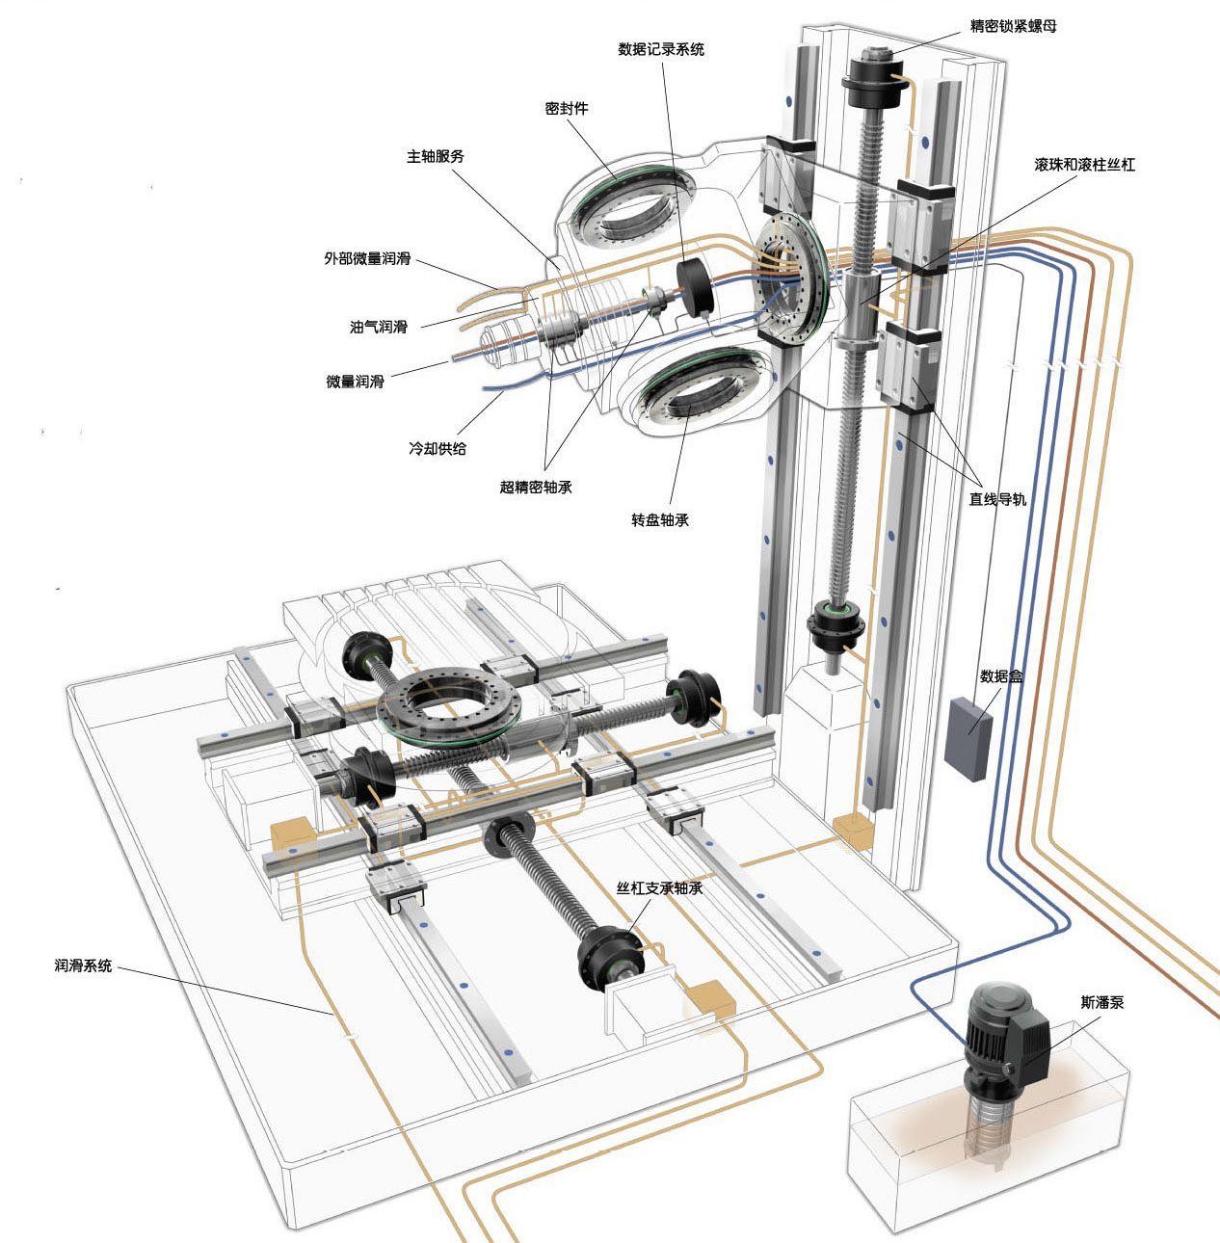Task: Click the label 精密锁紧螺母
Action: point(1013,26)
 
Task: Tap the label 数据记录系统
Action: point(661,49)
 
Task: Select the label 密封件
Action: point(567,109)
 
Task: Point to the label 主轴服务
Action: point(436,156)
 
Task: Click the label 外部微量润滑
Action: point(367,258)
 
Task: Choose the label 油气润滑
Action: point(379,328)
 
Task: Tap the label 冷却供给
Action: point(438,448)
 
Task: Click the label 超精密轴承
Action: point(536,487)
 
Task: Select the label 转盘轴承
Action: point(660,520)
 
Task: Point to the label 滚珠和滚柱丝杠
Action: point(1085,165)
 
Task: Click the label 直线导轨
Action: point(997,499)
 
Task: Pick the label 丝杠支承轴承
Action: point(660,888)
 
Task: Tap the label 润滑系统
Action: point(84,965)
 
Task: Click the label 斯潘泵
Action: point(1102,1002)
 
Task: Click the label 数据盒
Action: point(1001,676)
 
